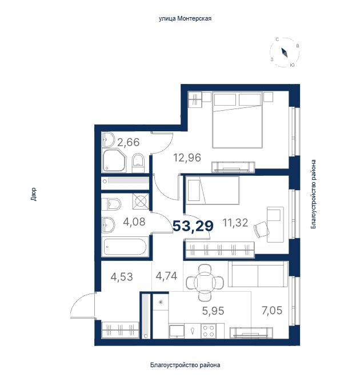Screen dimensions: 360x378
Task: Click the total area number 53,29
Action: click(x=193, y=226)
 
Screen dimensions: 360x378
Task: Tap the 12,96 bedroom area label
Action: click(x=187, y=158)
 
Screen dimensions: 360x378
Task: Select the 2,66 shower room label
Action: click(x=129, y=142)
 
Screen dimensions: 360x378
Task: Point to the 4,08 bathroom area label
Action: click(x=134, y=222)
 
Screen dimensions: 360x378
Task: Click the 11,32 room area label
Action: click(x=235, y=223)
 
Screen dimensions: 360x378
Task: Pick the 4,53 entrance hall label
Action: click(x=122, y=277)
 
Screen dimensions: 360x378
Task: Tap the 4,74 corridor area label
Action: click(x=166, y=276)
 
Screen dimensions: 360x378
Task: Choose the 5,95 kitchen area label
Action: click(x=213, y=311)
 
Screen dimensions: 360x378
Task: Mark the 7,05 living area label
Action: click(x=272, y=310)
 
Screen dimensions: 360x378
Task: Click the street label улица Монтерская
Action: click(x=185, y=19)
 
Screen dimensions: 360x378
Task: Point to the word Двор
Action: click(x=34, y=194)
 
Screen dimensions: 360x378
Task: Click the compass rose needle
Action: click(x=285, y=53)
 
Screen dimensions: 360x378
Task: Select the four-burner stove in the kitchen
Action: click(x=209, y=331)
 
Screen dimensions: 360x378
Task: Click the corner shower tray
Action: click(x=114, y=160)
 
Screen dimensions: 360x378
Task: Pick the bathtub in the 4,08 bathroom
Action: click(x=125, y=247)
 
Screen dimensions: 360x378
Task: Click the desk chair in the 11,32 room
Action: click(x=262, y=230)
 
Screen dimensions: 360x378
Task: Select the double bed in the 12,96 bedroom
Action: click(x=237, y=120)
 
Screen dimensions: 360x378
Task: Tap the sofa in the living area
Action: click(x=258, y=274)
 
